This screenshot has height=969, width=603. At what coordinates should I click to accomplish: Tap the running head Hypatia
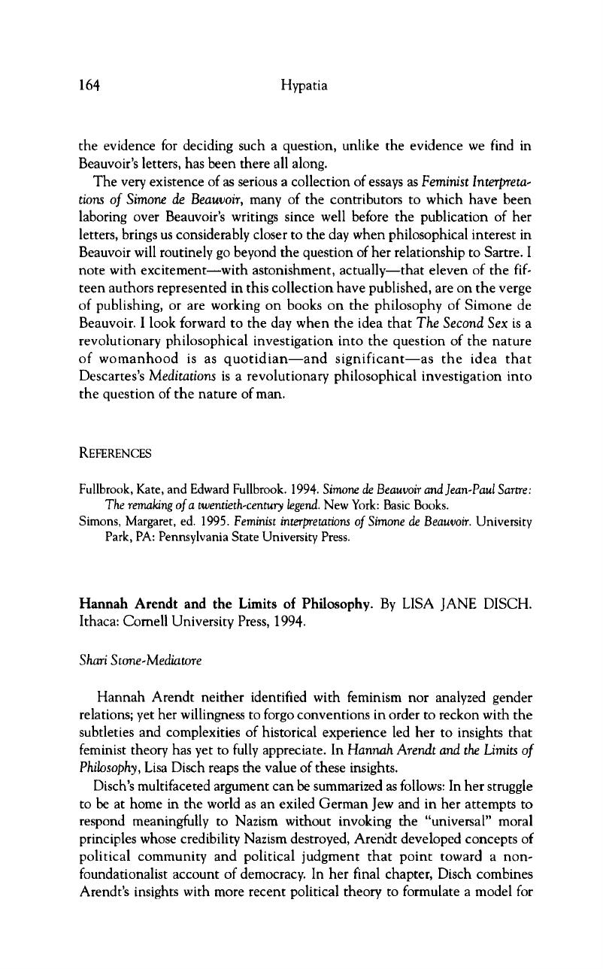click(x=301, y=86)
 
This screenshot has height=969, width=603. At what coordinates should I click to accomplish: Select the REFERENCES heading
click(x=114, y=453)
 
